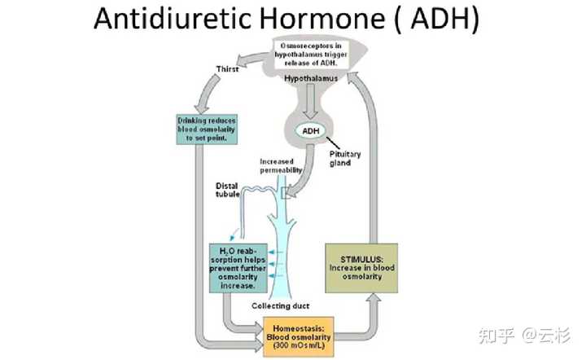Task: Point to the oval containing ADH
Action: click(312, 130)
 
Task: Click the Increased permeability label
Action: click(282, 165)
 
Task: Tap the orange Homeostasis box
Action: click(300, 335)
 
